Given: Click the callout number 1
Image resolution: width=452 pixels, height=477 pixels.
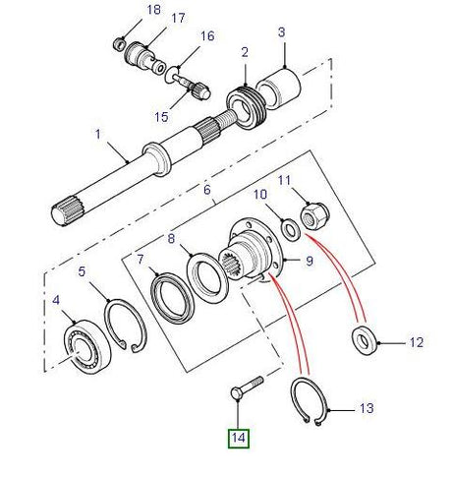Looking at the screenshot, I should coord(97,133).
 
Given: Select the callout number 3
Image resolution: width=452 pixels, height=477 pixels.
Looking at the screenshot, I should coord(281,32).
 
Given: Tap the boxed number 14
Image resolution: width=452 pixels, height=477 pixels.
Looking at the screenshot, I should coord(239,437).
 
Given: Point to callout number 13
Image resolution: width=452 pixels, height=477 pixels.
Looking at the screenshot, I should coord(365,407).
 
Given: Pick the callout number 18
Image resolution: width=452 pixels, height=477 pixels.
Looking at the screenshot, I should coord(151,10).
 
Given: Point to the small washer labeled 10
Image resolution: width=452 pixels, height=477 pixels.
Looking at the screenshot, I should coord(292,230).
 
